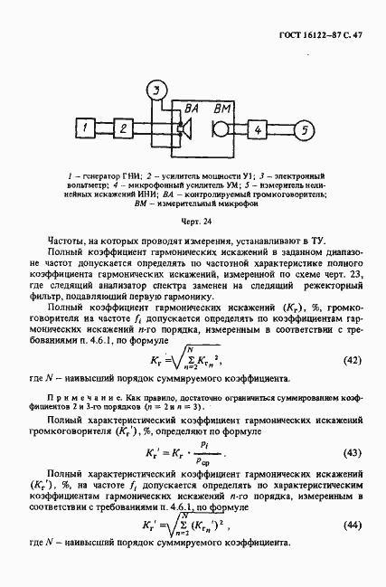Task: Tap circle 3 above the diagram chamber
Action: pos(157,90)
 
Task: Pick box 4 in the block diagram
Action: pos(259,131)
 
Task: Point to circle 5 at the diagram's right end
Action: pos(305,131)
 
